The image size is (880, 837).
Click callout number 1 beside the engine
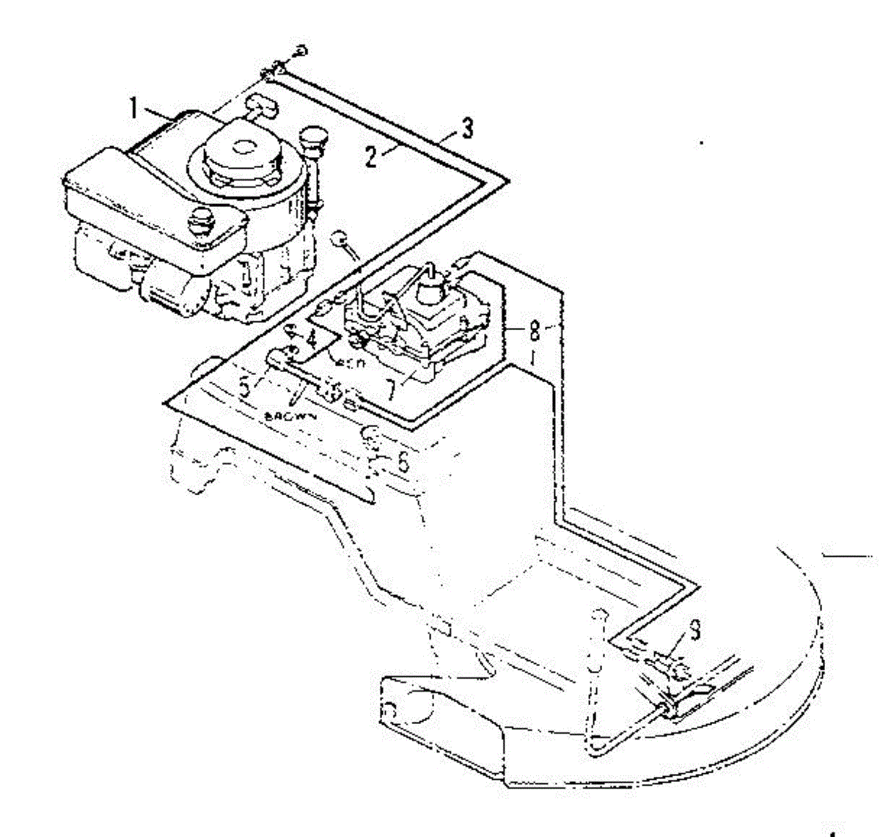click(x=133, y=109)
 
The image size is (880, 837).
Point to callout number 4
click(x=312, y=339)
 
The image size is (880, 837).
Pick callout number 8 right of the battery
click(x=535, y=330)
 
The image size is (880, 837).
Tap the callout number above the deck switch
click(x=694, y=629)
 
